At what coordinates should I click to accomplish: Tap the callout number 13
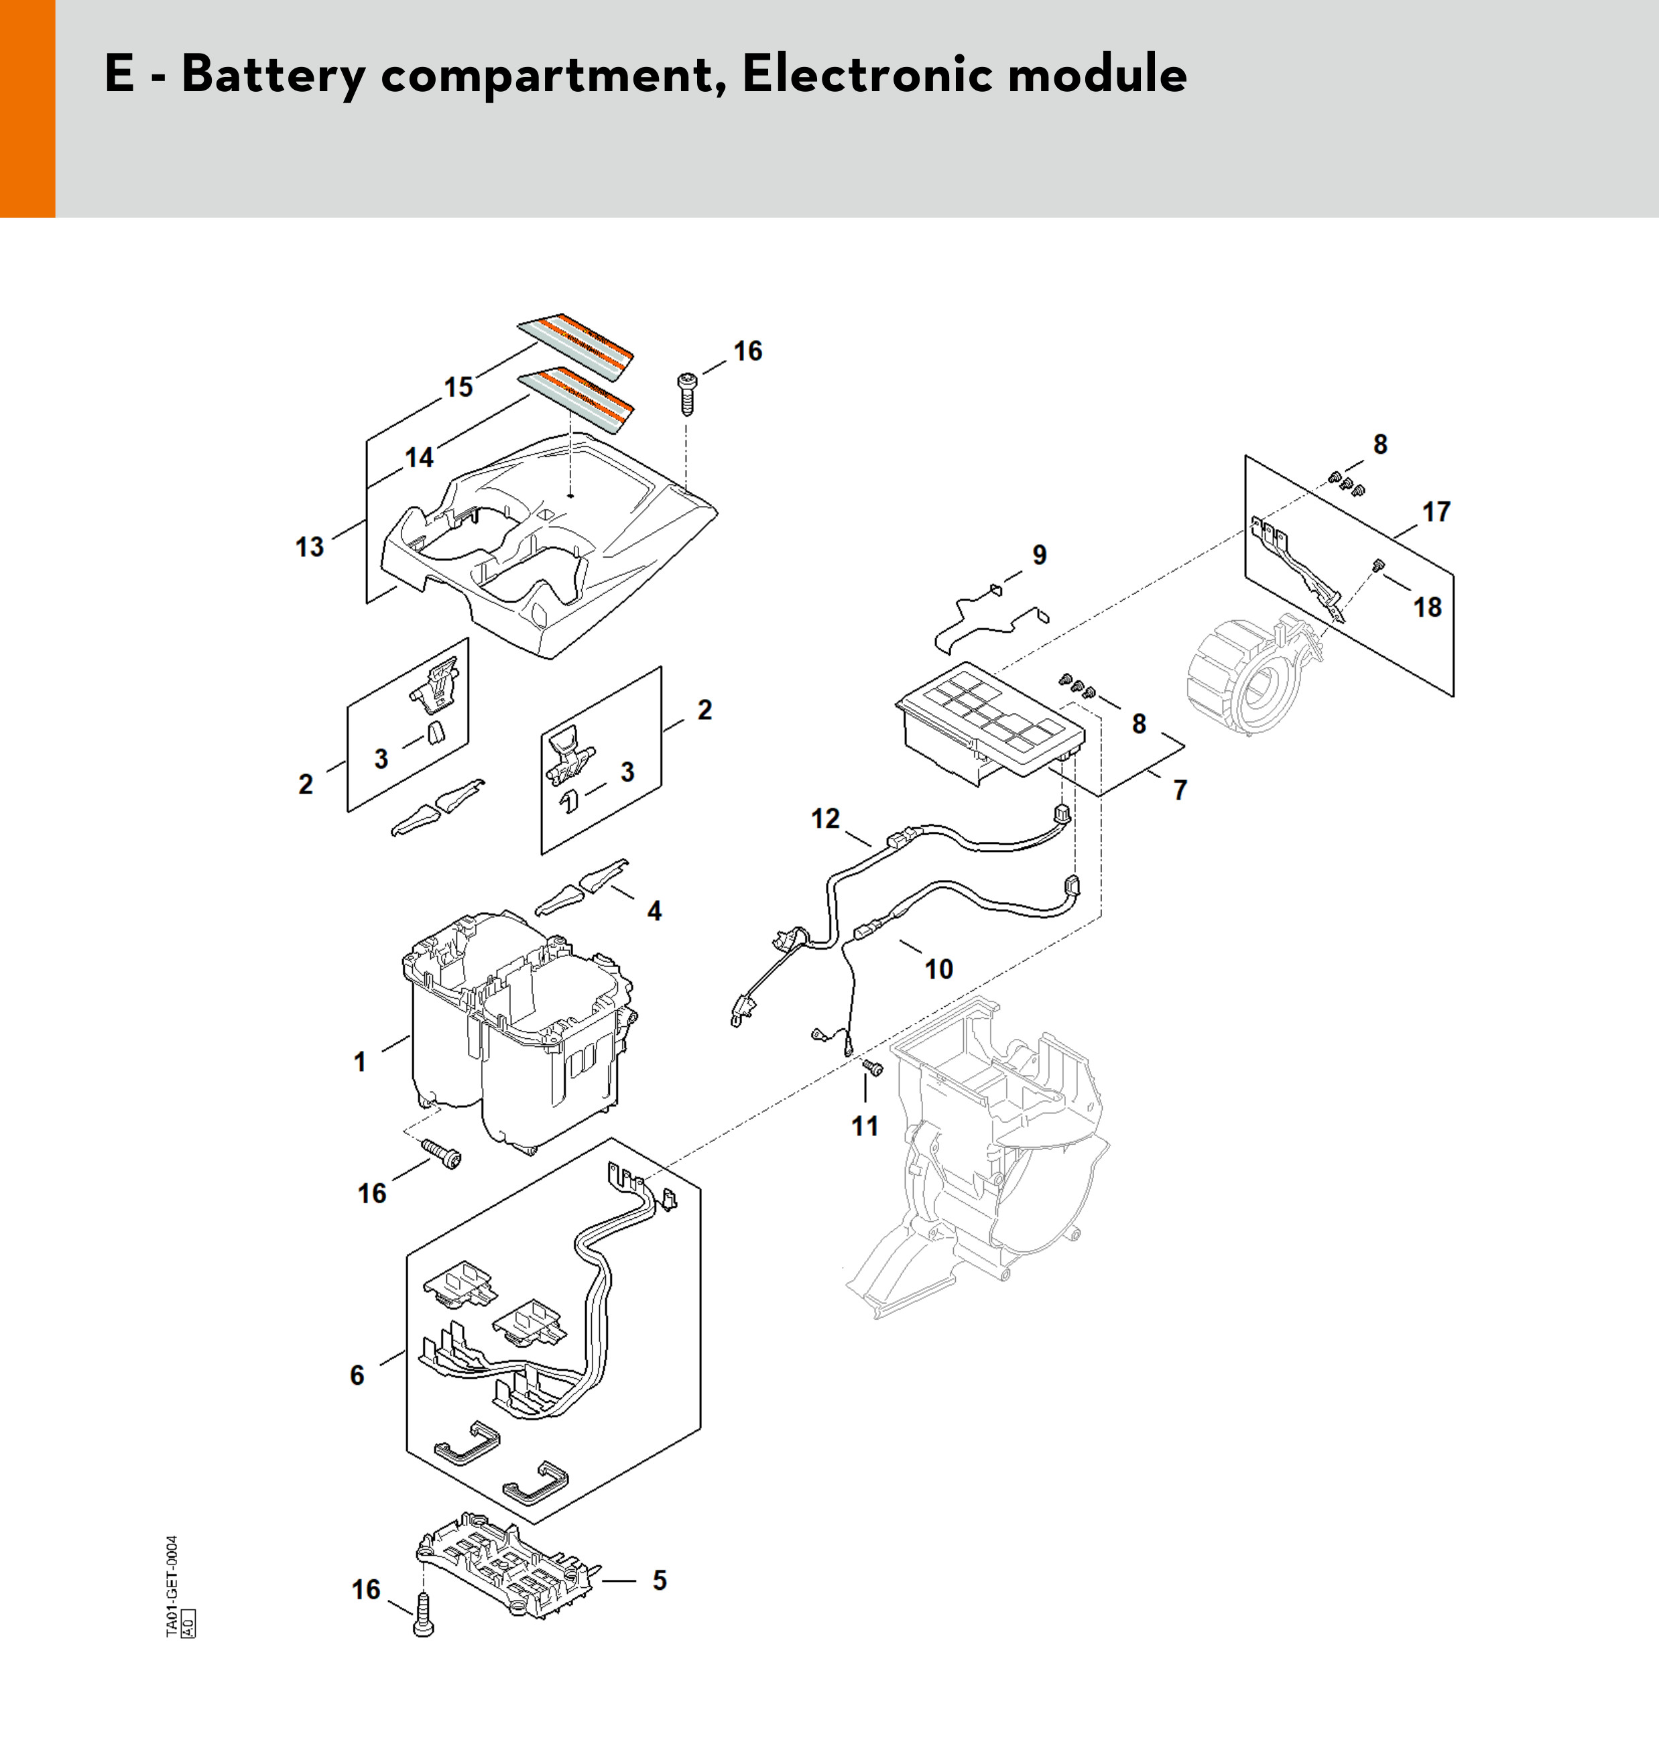pyautogui.click(x=310, y=548)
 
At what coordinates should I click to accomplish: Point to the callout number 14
pyautogui.click(x=419, y=457)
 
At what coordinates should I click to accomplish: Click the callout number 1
pyautogui.click(x=360, y=1062)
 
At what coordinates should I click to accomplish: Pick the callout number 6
pyautogui.click(x=357, y=1375)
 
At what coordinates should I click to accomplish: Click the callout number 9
pyautogui.click(x=1040, y=554)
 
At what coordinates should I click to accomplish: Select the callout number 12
pyautogui.click(x=825, y=818)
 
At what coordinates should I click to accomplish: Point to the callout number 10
pyautogui.click(x=939, y=969)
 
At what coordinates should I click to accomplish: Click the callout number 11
pyautogui.click(x=865, y=1127)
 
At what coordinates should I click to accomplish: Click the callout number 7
pyautogui.click(x=1180, y=790)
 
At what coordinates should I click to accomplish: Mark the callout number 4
pyautogui.click(x=654, y=911)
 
